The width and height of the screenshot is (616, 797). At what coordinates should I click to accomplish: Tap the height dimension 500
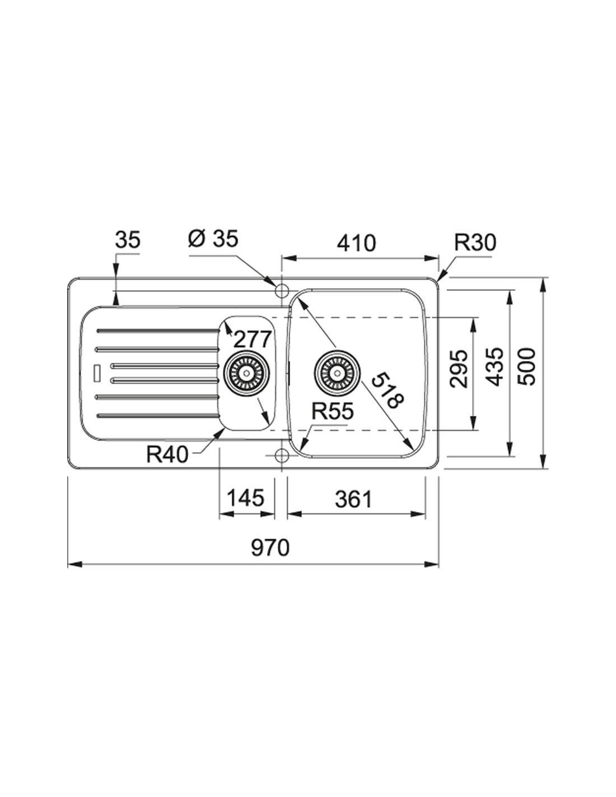tap(526, 367)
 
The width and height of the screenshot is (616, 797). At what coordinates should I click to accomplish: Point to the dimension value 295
tap(459, 369)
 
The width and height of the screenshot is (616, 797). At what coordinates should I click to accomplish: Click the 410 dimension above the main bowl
tap(357, 243)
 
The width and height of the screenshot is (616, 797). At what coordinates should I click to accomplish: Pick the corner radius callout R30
tap(475, 243)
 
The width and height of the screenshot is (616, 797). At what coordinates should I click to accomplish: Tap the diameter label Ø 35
tap(213, 239)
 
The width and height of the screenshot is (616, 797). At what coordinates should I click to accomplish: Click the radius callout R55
tap(333, 411)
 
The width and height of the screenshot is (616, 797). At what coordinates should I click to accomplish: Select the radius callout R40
tap(167, 455)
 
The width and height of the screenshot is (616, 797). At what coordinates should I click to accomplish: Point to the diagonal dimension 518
tap(389, 390)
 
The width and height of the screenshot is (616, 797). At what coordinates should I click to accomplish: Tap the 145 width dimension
tap(245, 498)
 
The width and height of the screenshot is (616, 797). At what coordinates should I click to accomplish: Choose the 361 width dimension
tap(353, 499)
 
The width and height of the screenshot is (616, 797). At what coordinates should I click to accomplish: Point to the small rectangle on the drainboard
tap(97, 373)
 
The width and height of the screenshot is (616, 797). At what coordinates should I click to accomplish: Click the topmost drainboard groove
tap(157, 331)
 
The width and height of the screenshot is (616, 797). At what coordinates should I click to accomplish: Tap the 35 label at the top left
tap(128, 240)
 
